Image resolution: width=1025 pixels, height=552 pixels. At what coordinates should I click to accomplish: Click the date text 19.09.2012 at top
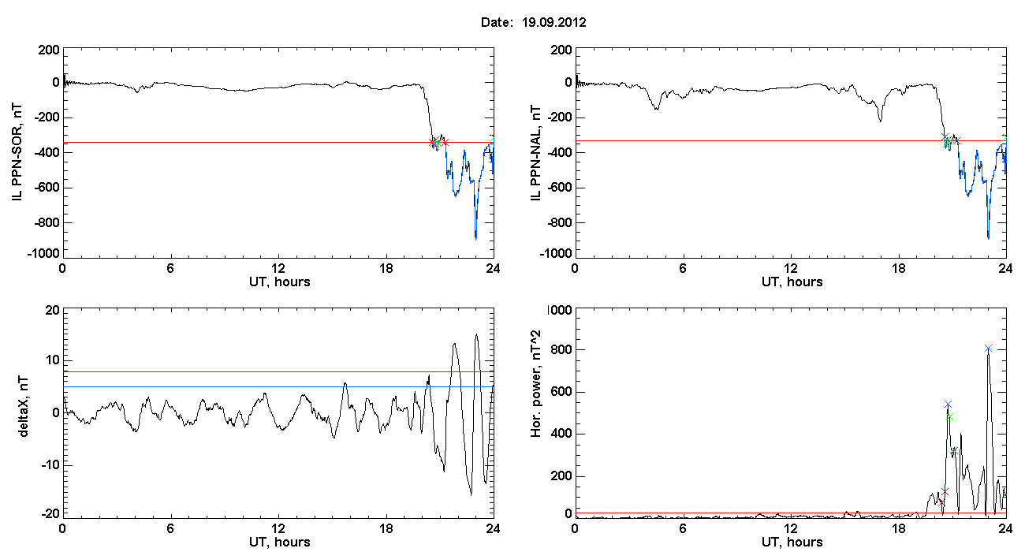tap(553, 23)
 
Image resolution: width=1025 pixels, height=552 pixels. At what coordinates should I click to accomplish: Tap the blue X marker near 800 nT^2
tap(988, 348)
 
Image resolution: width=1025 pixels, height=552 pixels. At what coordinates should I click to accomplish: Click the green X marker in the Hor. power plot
tap(950, 416)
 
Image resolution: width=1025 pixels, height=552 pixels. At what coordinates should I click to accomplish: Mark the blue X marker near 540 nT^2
tap(948, 404)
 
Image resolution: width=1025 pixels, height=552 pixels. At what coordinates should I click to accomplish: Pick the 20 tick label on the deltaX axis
tap(51, 310)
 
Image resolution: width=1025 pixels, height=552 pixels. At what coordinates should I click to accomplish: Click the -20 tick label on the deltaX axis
tap(49, 513)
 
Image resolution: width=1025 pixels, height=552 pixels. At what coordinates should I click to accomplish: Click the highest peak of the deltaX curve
tap(476, 334)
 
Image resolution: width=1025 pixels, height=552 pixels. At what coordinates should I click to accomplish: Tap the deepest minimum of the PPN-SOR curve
tap(475, 238)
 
